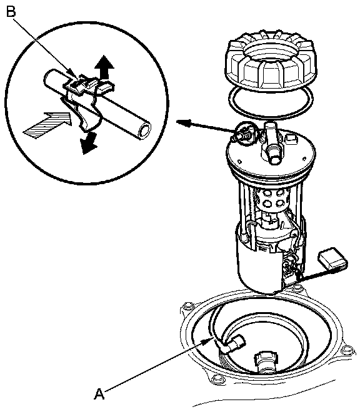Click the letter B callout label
pos(11,11)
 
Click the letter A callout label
pos(99,394)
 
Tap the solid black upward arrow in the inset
pos(105,67)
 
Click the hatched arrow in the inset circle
pos(47,125)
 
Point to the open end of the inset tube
pos(145,130)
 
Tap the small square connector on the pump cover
pos(291,138)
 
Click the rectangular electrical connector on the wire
pos(333,259)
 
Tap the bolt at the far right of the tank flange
pos(345,350)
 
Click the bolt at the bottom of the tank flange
pos(217,378)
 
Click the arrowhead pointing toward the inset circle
pos(183,122)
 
